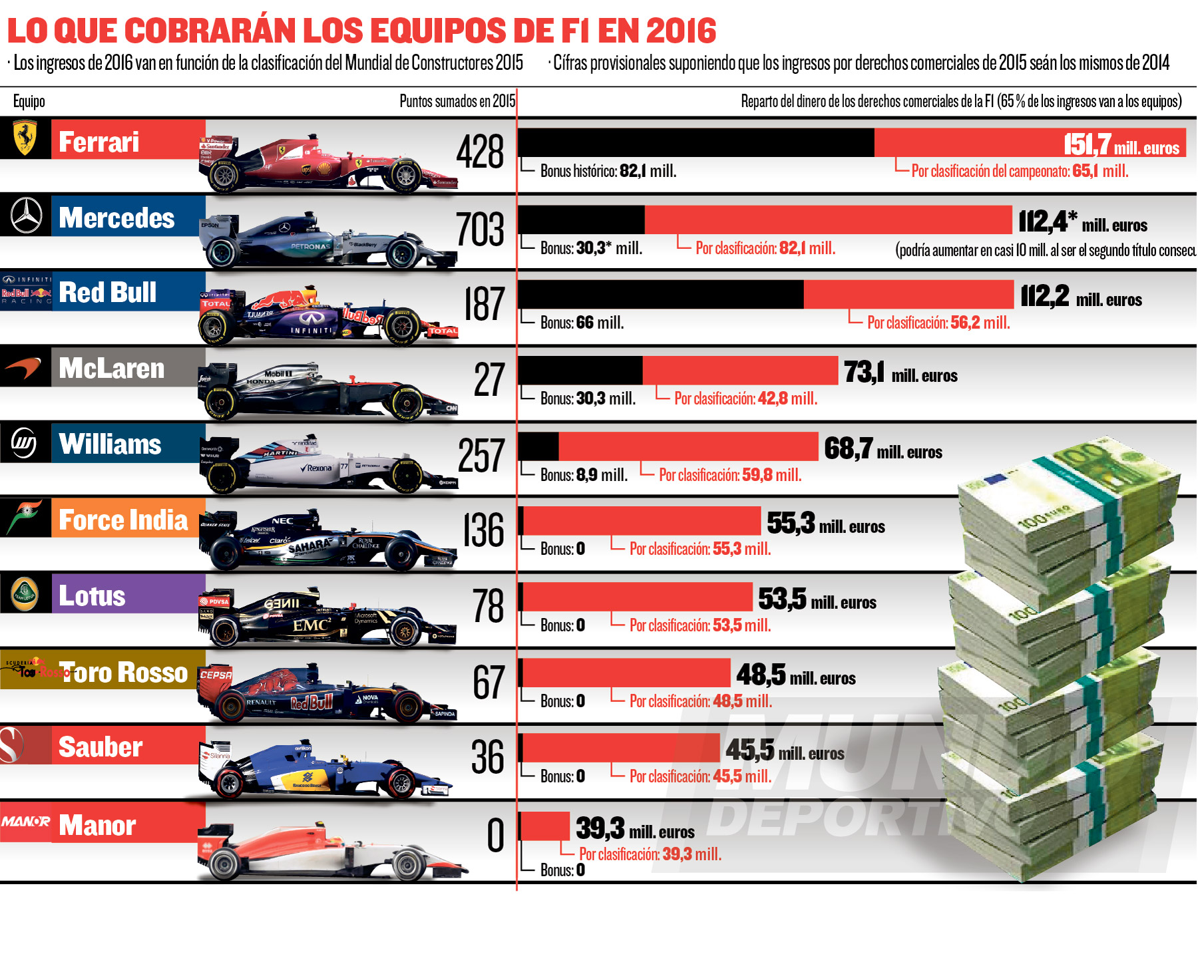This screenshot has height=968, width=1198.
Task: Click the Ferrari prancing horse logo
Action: point(25,138)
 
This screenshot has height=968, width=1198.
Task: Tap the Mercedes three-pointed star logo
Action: point(26,216)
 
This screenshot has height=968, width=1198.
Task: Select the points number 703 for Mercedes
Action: point(480,230)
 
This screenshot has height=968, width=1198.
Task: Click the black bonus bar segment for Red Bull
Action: point(660,295)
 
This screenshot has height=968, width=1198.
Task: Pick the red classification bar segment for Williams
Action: point(688,446)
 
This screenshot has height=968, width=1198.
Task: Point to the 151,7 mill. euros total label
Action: point(1121,144)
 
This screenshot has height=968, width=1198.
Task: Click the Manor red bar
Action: point(544,826)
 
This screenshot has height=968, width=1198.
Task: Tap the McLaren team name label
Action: point(112,368)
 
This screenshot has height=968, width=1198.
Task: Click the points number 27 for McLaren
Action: point(489,380)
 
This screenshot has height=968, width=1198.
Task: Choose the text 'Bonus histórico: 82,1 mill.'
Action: point(608,171)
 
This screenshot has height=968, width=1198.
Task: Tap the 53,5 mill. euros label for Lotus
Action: point(817,599)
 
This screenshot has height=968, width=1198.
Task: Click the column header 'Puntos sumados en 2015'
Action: point(457,101)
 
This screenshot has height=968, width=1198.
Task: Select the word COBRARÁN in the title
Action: point(211,31)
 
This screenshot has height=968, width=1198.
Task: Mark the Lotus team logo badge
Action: point(25,593)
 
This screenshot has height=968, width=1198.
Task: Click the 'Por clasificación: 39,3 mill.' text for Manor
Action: point(650,854)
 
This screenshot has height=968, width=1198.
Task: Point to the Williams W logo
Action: point(25,442)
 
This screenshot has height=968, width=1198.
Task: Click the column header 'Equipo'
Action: point(29,101)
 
